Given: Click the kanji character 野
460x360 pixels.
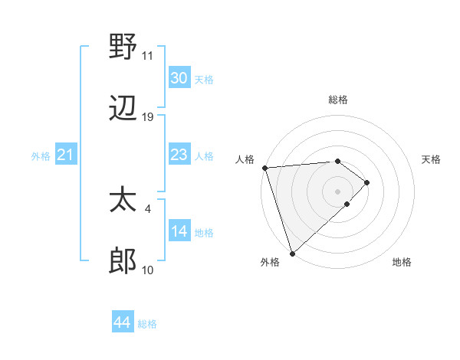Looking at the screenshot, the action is pyautogui.click(x=123, y=47).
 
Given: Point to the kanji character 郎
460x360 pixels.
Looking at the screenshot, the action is pyautogui.click(x=123, y=262).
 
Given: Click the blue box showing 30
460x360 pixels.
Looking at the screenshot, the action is pyautogui.click(x=179, y=78).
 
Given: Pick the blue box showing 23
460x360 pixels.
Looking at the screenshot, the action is pyautogui.click(x=179, y=155).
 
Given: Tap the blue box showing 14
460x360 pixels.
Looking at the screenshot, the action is pyautogui.click(x=179, y=231).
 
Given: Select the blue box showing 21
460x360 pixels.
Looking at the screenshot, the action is pyautogui.click(x=66, y=155).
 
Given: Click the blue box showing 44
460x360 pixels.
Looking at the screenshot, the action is pyautogui.click(x=123, y=322).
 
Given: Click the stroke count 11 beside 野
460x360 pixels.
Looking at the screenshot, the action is pyautogui.click(x=147, y=56).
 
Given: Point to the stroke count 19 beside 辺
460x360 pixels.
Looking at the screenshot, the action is pyautogui.click(x=148, y=117).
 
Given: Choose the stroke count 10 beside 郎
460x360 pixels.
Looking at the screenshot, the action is pyautogui.click(x=148, y=270).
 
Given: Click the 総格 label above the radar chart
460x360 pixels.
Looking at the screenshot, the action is pyautogui.click(x=338, y=100).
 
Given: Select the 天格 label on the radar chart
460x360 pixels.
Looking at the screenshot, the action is pyautogui.click(x=432, y=159).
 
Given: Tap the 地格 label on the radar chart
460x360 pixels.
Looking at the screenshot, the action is pyautogui.click(x=402, y=262).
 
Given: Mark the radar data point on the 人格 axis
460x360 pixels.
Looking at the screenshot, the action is pyautogui.click(x=264, y=168).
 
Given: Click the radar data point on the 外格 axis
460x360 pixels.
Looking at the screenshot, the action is pyautogui.click(x=292, y=253).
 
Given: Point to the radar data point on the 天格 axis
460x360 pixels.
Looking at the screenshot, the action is pyautogui.click(x=367, y=182).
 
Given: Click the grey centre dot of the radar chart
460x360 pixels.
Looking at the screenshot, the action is pyautogui.click(x=338, y=191).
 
